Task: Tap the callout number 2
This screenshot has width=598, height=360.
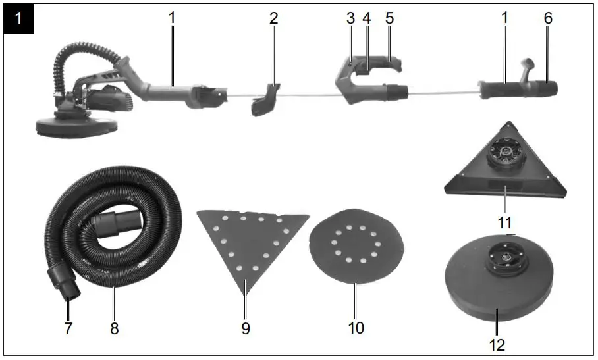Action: (x=273, y=18)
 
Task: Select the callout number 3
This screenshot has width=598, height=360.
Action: (x=350, y=18)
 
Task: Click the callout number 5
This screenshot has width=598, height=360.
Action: (x=389, y=18)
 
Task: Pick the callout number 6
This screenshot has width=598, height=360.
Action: (x=548, y=18)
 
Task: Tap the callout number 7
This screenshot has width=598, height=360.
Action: (x=67, y=327)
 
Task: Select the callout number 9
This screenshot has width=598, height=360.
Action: (x=246, y=328)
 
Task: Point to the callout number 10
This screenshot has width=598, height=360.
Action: (x=356, y=327)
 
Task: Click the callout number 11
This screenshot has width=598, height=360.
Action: (x=505, y=222)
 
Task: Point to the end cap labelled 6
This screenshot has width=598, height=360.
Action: (x=549, y=88)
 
